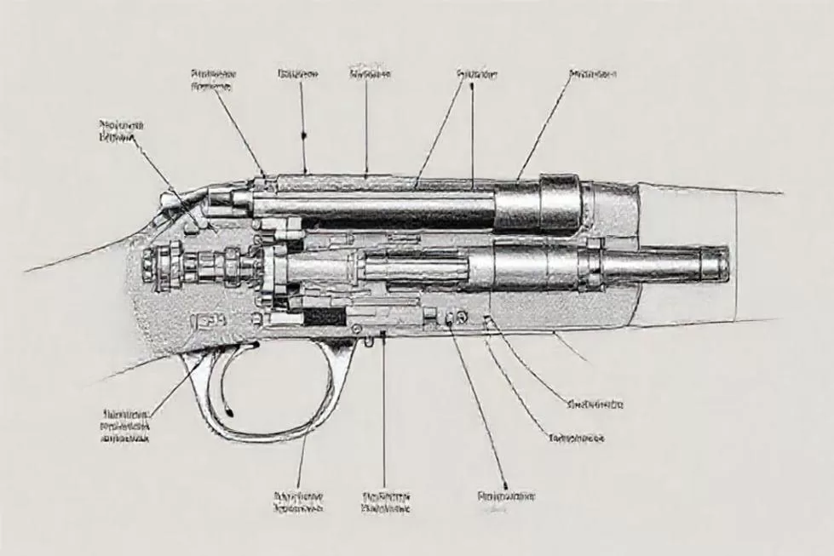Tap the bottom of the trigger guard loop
pyautogui.click(x=256, y=437)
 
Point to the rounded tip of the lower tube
pyautogui.click(x=722, y=263)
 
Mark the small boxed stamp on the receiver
pyautogui.click(x=209, y=321)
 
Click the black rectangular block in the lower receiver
pyautogui.click(x=324, y=317)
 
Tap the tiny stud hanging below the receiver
pyautogui.click(x=368, y=341)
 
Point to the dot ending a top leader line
pyautogui.click(x=303, y=135)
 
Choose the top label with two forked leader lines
pyautogui.click(x=477, y=74)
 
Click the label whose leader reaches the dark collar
pyautogui.click(x=592, y=74)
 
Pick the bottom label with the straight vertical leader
pyautogui.click(x=385, y=502)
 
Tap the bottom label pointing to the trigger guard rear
pyautogui.click(x=298, y=502)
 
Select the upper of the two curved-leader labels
pyautogui.click(x=595, y=404)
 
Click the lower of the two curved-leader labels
pyautogui.click(x=576, y=438)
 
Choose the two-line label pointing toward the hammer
pyautogui.click(x=121, y=129)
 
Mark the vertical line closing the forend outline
pyautogui.click(x=736, y=255)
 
